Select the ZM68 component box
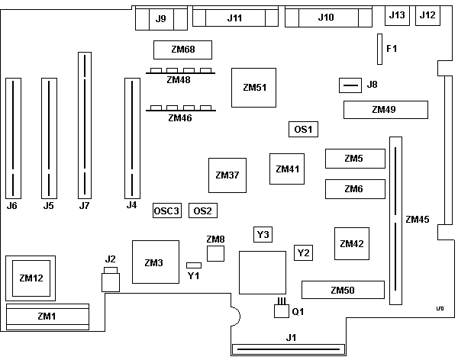click(182, 50)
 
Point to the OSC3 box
click(166, 211)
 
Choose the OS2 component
click(202, 211)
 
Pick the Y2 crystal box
click(304, 252)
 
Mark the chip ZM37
click(227, 175)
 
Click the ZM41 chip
click(288, 169)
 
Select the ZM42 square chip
click(352, 244)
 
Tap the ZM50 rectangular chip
click(343, 290)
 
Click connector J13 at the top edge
click(398, 15)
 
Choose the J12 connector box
click(427, 15)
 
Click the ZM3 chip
click(153, 262)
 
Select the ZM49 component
click(384, 110)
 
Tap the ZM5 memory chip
click(353, 159)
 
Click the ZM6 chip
click(353, 188)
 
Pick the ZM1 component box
click(47, 315)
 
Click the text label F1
click(392, 49)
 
